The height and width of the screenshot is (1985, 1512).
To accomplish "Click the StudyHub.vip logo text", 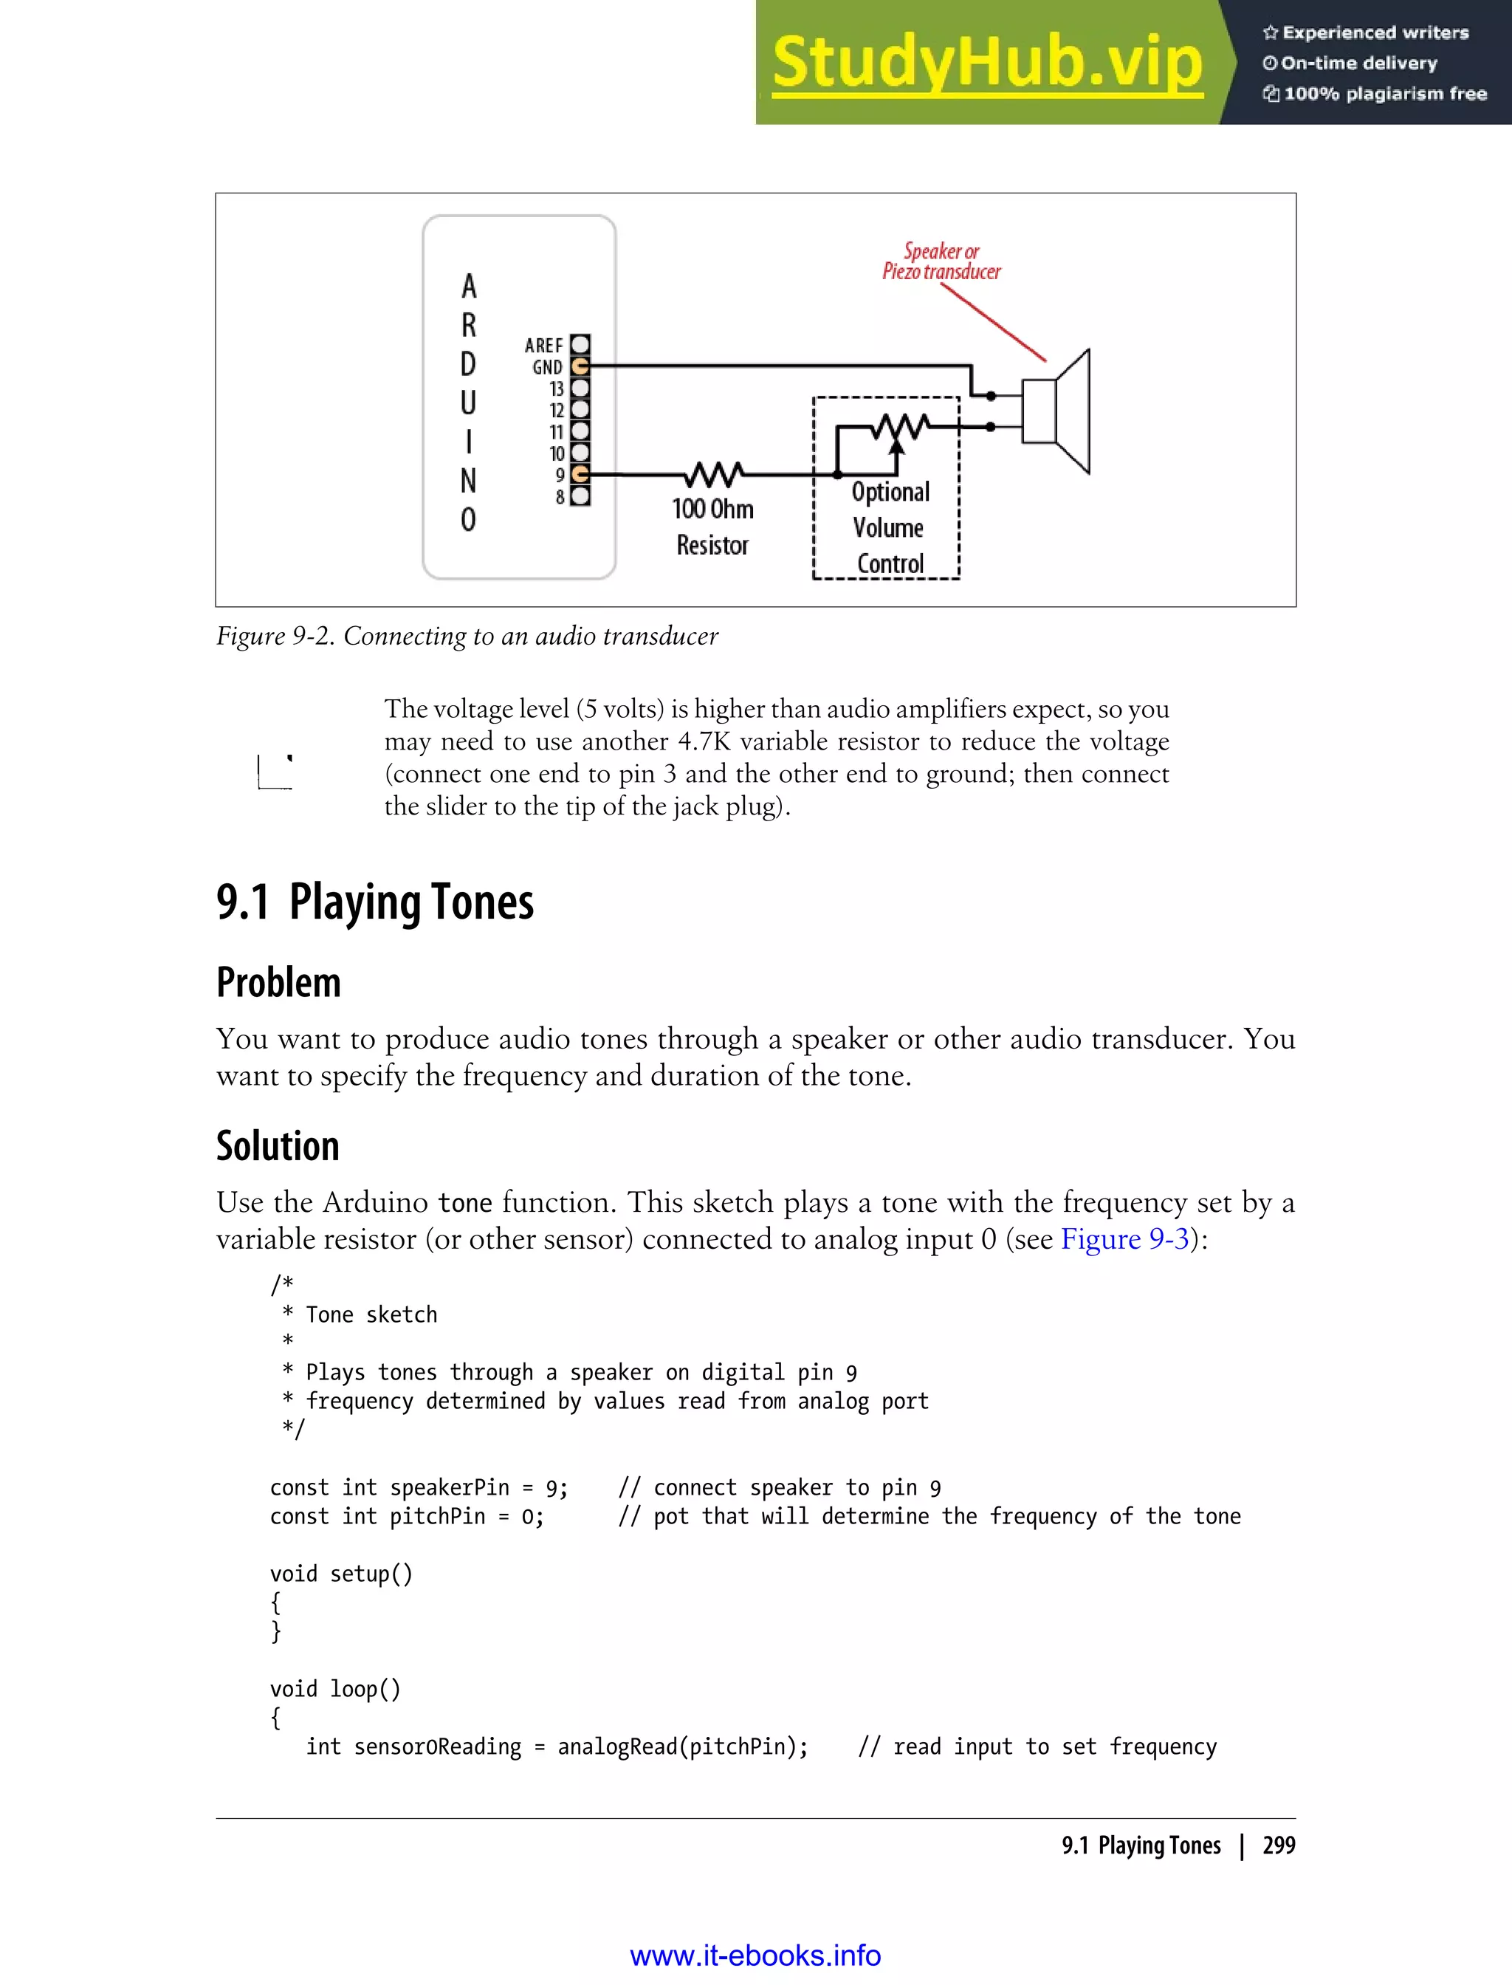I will (987, 63).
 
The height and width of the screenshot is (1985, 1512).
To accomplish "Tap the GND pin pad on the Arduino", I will (580, 366).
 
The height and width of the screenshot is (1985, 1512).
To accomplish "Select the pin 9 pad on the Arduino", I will (580, 473).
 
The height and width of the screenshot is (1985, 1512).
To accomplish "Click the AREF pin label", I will (543, 346).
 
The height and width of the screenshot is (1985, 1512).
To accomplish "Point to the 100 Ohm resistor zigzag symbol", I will (714, 473).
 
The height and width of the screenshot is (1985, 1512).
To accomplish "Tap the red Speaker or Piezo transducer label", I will (941, 261).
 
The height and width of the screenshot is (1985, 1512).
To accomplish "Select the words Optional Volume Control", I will (889, 527).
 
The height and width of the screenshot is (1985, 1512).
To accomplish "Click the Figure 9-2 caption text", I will (467, 637).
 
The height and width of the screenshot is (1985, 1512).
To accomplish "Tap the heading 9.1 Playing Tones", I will (374, 902).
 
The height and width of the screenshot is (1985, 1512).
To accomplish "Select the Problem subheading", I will (278, 982).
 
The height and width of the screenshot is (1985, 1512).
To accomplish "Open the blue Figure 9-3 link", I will (1125, 1240).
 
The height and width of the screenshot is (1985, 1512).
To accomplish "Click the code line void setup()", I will (341, 1574).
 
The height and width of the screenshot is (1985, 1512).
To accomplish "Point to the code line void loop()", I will (334, 1689).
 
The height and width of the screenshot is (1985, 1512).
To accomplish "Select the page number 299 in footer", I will (1278, 1845).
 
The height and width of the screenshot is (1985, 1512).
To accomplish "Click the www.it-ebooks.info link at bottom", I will (755, 1955).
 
